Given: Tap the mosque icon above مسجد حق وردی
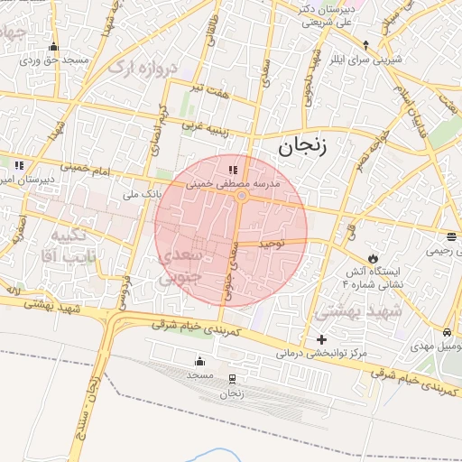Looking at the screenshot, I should click(53, 47).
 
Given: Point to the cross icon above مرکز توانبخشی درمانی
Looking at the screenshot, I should click(321, 339).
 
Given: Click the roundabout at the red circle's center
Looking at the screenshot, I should click(241, 197).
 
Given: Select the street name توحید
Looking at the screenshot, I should click(272, 244).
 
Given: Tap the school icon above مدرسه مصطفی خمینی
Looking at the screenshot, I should click(233, 169).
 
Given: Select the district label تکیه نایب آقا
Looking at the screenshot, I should click(69, 245).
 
